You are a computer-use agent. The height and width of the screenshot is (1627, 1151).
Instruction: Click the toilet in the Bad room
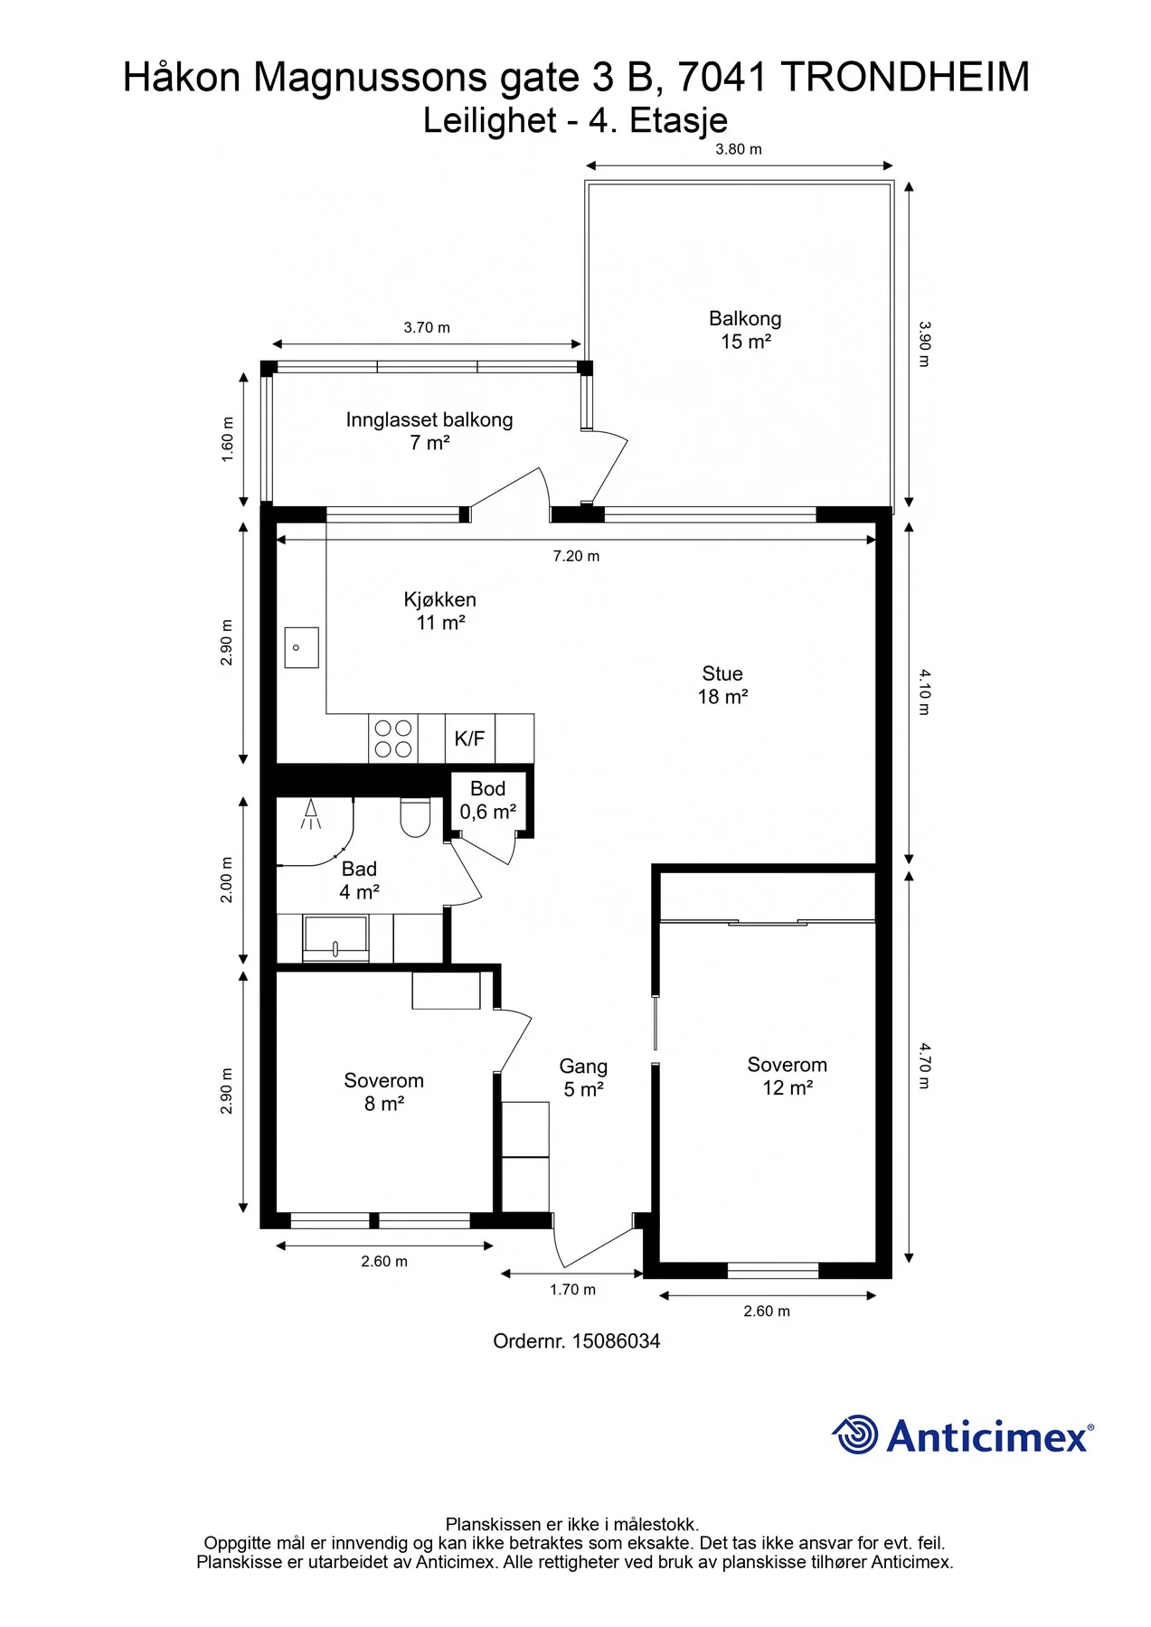415,817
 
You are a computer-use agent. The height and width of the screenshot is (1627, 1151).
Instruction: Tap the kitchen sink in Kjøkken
301,647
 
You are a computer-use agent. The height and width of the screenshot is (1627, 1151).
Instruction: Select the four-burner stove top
393,738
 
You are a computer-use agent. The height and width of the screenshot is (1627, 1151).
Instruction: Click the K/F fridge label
469,738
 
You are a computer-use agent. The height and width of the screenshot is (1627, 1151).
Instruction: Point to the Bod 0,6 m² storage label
488,800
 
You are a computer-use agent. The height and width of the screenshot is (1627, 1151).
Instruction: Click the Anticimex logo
963,1435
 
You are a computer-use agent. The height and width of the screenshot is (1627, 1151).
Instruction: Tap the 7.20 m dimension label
577,556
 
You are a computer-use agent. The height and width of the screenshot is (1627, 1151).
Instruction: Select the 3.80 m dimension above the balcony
739,149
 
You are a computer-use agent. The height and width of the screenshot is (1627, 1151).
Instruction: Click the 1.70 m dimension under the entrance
573,1290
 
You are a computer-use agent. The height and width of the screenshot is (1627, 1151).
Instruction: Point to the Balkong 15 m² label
746,330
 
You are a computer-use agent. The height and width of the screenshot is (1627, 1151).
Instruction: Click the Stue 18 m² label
722,685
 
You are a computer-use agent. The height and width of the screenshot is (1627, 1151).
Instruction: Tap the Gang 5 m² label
583,1078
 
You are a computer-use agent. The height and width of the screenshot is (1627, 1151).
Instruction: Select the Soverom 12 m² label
788,1077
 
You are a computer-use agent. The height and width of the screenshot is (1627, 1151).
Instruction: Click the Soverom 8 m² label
384,1092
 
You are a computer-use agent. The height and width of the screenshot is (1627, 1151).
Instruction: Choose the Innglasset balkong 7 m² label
429,431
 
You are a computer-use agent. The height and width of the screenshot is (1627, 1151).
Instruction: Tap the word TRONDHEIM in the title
905,78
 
